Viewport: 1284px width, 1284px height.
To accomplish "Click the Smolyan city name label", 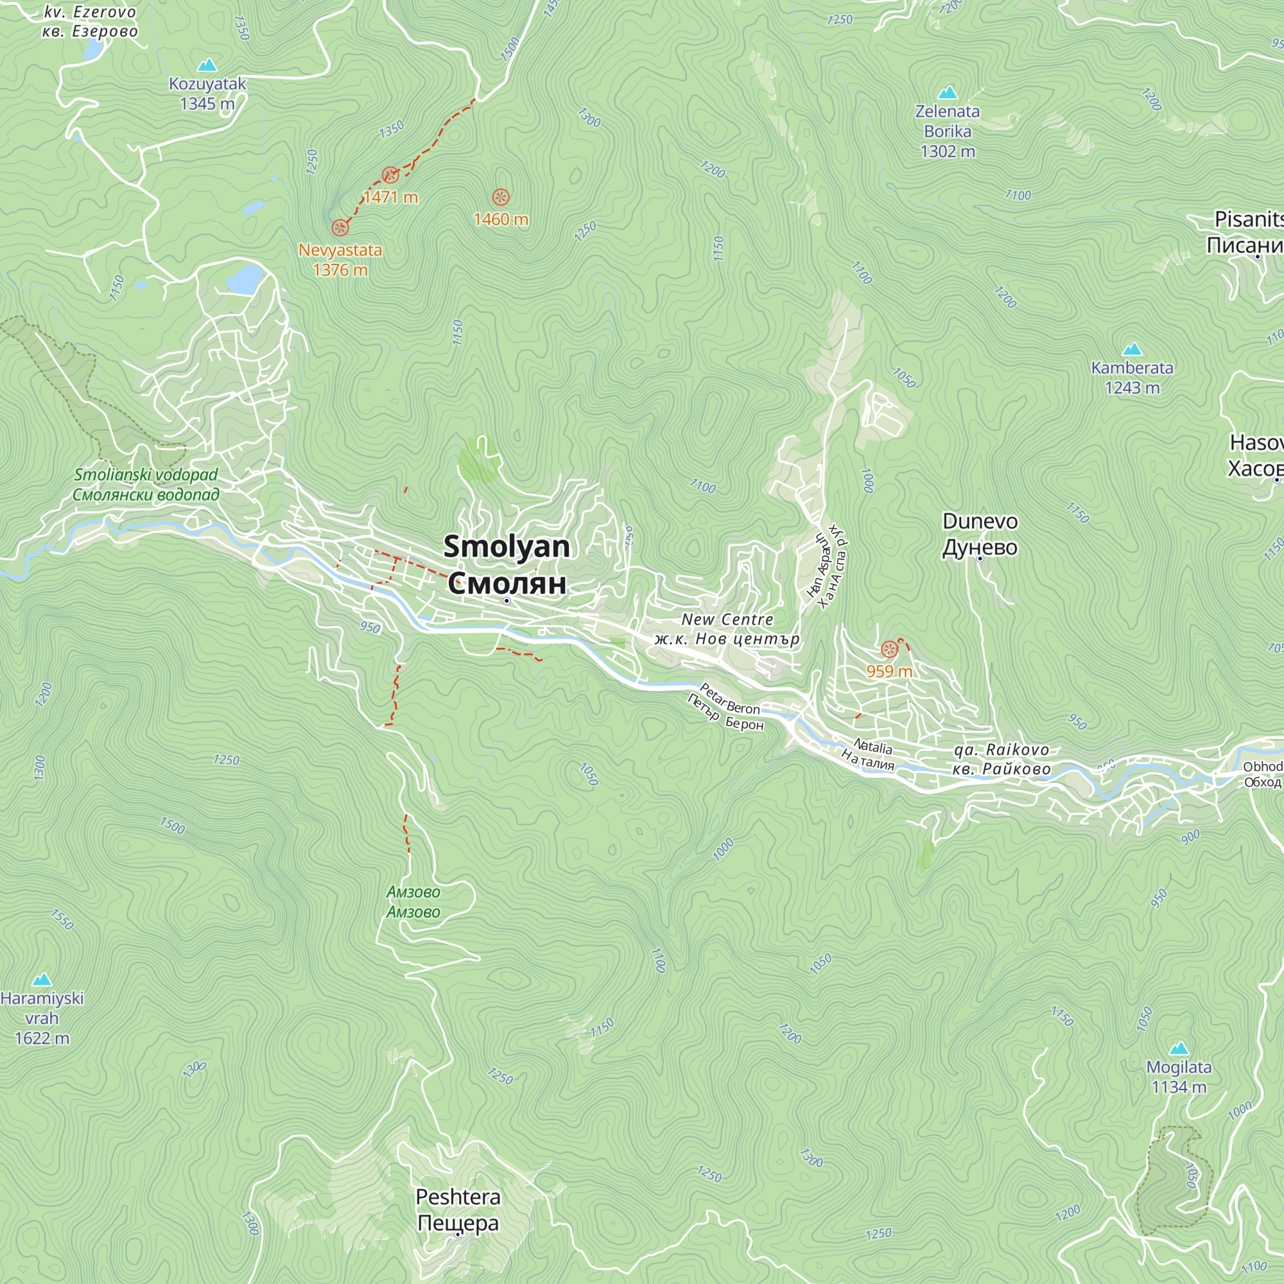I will click(x=507, y=564).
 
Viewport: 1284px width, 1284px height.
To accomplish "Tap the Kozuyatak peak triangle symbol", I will click(x=207, y=65).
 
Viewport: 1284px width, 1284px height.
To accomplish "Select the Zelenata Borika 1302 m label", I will click(x=947, y=131).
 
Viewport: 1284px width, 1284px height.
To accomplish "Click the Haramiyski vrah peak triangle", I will click(x=42, y=979).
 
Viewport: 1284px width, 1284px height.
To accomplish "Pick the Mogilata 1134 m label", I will click(x=1178, y=1077).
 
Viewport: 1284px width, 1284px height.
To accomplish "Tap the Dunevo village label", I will click(x=980, y=534).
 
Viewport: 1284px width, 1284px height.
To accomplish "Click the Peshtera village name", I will click(x=458, y=1210).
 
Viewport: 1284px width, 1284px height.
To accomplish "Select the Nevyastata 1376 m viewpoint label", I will click(x=340, y=260).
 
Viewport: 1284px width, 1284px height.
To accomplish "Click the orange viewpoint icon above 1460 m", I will click(x=501, y=197).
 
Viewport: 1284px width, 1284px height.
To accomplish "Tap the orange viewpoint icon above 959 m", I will click(x=889, y=649).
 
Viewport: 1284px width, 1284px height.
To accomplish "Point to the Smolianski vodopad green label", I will click(x=146, y=485).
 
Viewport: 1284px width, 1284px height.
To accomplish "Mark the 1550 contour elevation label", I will click(x=62, y=920).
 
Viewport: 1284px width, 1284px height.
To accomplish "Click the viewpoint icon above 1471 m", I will click(x=390, y=175).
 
